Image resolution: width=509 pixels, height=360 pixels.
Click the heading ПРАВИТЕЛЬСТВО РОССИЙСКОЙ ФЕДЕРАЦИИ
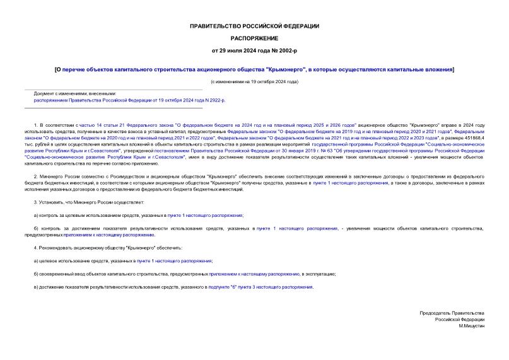click(254, 26)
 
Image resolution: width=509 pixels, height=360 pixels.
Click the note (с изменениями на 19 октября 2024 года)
click(254, 83)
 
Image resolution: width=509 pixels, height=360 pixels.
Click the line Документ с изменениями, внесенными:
click(75, 93)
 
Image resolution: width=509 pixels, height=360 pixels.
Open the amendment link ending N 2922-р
click(129, 100)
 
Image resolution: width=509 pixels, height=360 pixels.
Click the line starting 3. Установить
click(89, 201)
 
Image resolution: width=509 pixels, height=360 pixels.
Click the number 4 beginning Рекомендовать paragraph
click(35, 247)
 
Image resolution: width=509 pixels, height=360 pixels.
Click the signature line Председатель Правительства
click(452, 313)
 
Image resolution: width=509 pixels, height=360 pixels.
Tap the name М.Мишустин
click(472, 327)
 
